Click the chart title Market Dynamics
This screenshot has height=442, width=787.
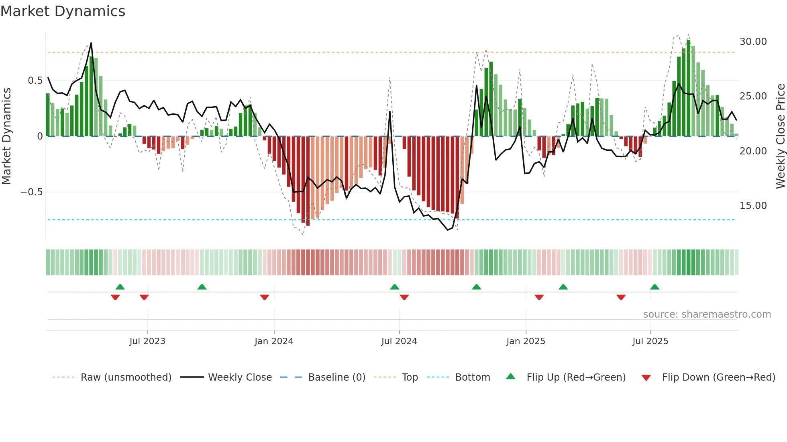point(63,11)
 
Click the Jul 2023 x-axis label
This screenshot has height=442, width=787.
point(147,341)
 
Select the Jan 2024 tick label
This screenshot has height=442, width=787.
point(274,341)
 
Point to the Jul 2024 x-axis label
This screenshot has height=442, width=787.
point(399,341)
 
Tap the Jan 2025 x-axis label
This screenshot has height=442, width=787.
point(526,341)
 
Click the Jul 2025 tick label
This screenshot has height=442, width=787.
point(650,341)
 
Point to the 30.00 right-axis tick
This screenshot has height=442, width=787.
point(753,42)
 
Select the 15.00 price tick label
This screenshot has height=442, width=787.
point(753,206)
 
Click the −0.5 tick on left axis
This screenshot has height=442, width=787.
point(31,192)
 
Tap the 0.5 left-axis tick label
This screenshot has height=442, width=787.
point(35,81)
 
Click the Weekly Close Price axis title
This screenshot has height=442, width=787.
point(780,136)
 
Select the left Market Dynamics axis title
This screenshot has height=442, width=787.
point(6,136)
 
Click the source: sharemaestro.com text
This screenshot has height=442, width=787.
point(707,314)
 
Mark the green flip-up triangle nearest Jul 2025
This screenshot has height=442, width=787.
point(654,287)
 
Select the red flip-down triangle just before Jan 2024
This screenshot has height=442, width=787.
point(265,297)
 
